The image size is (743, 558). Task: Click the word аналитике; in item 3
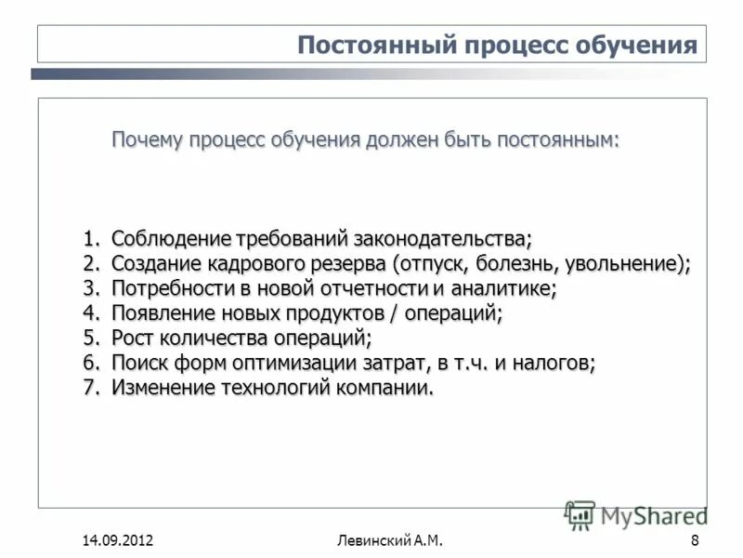coord(501,288)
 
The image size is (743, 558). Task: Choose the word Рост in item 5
coord(133,339)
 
